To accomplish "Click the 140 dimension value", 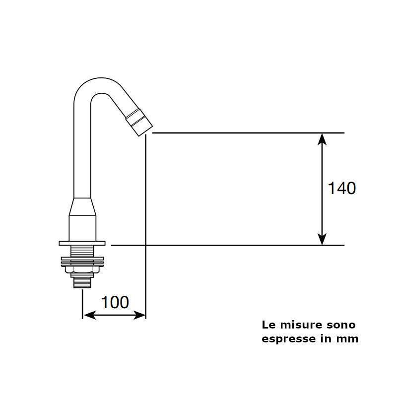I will (342, 189).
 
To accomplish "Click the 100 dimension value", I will (115, 302).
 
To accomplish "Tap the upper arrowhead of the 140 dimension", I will (323, 138).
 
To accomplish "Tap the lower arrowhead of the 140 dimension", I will (323, 240).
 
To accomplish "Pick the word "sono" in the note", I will (341, 325).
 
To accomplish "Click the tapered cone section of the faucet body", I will (82, 207).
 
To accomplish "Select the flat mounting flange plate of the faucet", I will (82, 243).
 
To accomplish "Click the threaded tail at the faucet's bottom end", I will (82, 282).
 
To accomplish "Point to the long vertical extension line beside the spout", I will (145, 223).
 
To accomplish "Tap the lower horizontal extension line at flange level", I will (228, 245).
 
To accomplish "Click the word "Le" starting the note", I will (268, 325).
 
